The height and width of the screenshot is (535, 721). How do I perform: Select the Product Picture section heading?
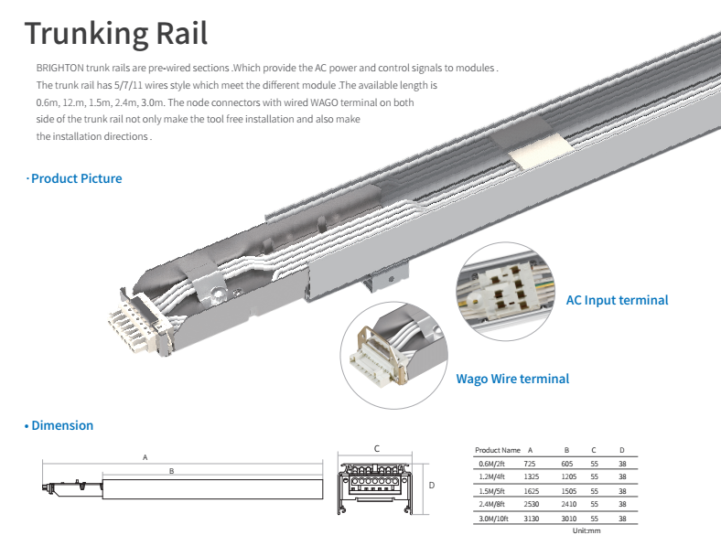click(x=76, y=178)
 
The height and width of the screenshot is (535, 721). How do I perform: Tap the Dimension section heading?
click(x=62, y=425)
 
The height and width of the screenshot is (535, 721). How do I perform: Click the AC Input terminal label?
click(x=617, y=300)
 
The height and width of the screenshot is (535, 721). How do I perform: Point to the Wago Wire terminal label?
click(x=512, y=379)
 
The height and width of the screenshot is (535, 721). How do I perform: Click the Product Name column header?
click(x=498, y=450)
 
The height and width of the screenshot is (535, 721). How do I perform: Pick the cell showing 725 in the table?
click(x=530, y=464)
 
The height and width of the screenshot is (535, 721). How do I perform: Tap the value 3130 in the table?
click(x=532, y=519)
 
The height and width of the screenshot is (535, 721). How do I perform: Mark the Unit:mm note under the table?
click(x=586, y=530)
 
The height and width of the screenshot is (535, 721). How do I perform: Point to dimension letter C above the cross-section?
click(x=376, y=448)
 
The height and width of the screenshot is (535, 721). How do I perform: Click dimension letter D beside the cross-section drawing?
click(x=431, y=486)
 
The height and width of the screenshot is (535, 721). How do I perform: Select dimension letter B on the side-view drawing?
click(x=170, y=472)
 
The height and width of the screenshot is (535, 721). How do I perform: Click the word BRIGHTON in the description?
click(x=60, y=69)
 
